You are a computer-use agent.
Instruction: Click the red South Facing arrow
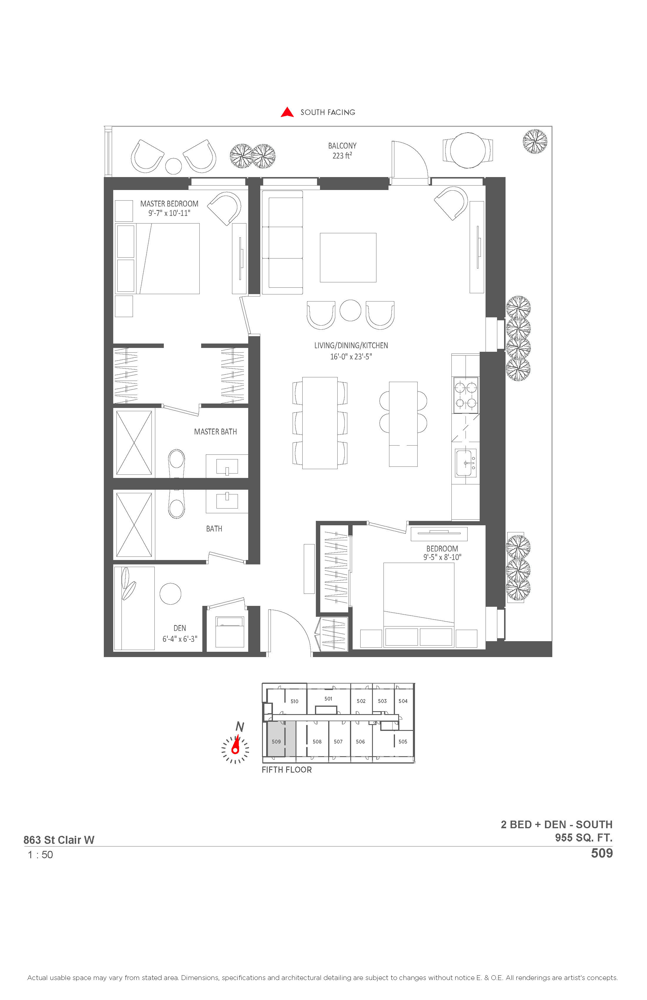[287, 112]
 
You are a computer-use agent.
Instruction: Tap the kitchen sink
[466, 463]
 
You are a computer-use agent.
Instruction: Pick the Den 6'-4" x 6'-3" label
[180, 634]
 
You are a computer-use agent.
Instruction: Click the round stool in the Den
[170, 594]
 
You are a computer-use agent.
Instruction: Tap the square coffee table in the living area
[348, 258]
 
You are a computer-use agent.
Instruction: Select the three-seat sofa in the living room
[282, 242]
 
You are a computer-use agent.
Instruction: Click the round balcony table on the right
[468, 150]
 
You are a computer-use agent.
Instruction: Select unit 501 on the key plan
[328, 699]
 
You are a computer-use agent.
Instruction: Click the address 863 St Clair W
[59, 840]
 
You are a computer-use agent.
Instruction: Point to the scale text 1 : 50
[40, 855]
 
